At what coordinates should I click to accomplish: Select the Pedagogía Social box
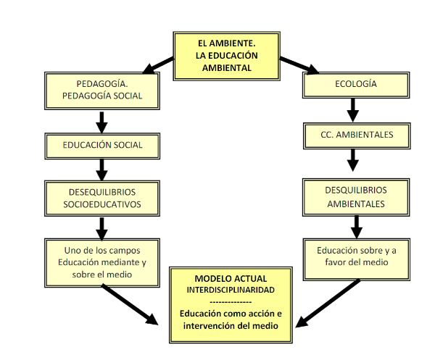(101, 89)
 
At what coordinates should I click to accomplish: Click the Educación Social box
(101, 144)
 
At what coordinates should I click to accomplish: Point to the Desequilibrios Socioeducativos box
(101, 198)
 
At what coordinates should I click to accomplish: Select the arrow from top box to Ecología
(297, 65)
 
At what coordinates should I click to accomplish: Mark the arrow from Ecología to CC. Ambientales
(353, 109)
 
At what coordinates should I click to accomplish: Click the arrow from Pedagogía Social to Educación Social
(102, 120)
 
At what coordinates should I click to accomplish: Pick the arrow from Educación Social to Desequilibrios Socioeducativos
(102, 169)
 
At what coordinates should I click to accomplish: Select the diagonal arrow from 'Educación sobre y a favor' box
(326, 301)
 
